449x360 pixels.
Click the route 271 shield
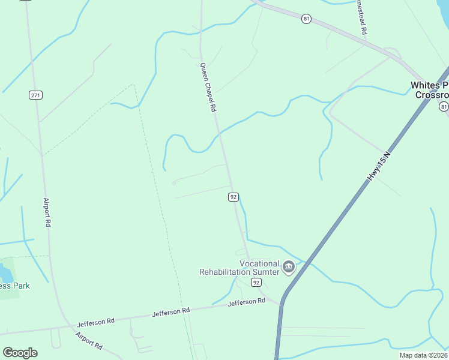(x=35, y=95)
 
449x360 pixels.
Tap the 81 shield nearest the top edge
(x=307, y=19)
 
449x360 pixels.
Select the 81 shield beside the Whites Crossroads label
(x=443, y=106)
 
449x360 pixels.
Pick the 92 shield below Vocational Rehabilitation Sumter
(x=256, y=282)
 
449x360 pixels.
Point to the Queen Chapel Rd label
(x=208, y=88)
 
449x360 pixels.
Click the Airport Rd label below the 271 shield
(x=47, y=212)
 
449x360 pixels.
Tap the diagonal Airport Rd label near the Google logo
(x=89, y=341)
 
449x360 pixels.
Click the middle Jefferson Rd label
(x=171, y=312)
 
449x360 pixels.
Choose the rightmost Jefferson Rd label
(x=246, y=302)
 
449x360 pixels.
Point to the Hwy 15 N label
(x=379, y=166)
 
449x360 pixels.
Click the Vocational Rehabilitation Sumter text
(x=240, y=268)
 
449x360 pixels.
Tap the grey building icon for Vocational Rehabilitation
(x=289, y=266)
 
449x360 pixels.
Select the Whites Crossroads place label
(x=429, y=90)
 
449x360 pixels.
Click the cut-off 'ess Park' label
(x=14, y=286)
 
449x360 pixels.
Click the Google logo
(x=20, y=353)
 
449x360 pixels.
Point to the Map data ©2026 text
(x=423, y=355)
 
